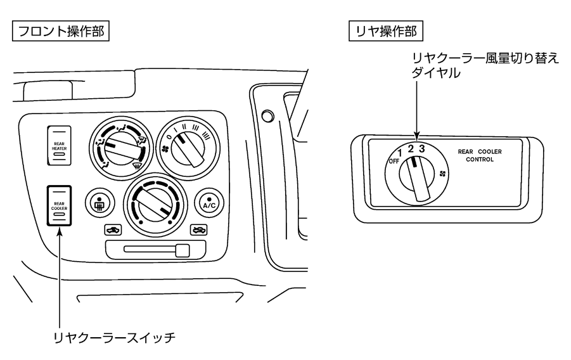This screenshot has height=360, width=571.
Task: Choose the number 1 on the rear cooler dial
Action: pos(401,153)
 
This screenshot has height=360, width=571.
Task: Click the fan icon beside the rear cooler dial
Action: pos(441,174)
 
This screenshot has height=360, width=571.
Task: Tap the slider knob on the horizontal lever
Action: pos(183,250)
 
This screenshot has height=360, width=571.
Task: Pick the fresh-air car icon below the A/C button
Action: pos(198,229)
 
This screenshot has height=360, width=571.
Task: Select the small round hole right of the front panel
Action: pos(267,115)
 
